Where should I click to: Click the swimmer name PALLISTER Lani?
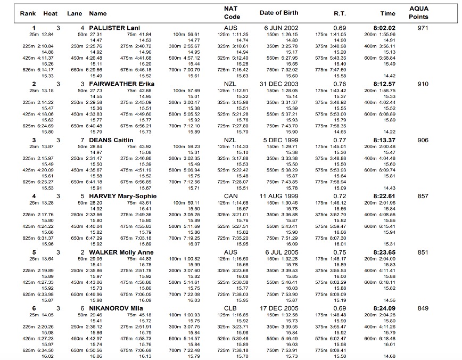(x=114, y=28)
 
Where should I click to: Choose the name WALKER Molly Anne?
(x=121, y=252)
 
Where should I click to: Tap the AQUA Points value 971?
(x=423, y=28)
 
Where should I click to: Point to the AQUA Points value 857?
(x=423, y=197)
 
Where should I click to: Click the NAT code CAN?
(x=230, y=197)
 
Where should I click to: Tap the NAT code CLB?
(x=230, y=308)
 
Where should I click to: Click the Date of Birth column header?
(x=279, y=13)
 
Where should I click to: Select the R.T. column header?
(x=340, y=13)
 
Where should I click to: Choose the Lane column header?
(x=75, y=13)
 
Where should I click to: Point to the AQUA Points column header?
(x=418, y=13)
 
